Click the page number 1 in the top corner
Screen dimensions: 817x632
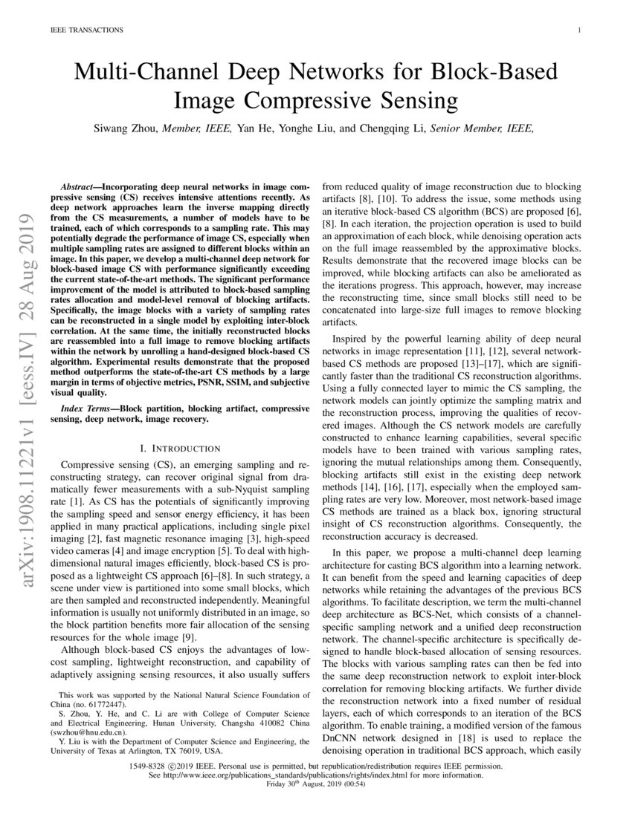[578, 30]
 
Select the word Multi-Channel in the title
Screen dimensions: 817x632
[139, 73]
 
